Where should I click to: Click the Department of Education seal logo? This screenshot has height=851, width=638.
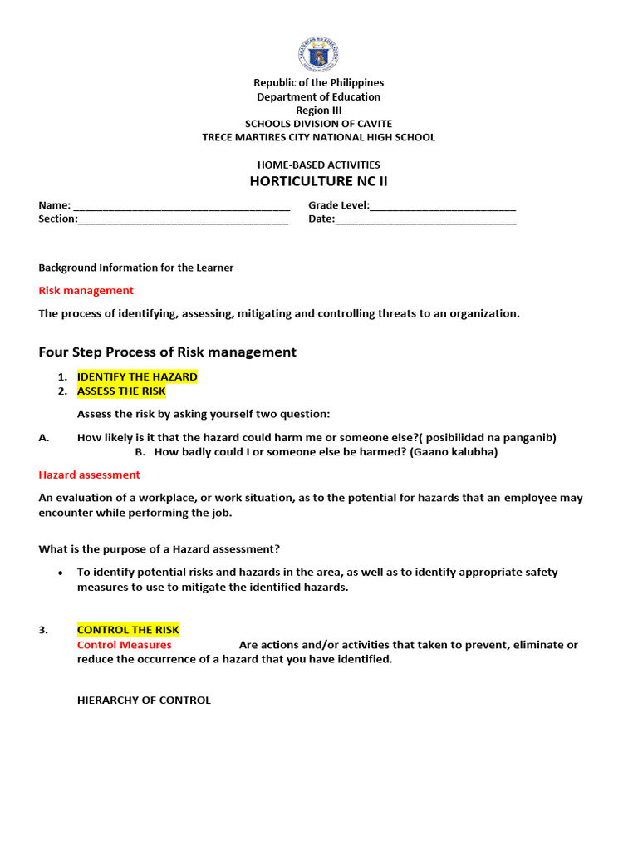click(x=318, y=54)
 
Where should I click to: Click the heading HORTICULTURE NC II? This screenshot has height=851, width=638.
click(x=318, y=181)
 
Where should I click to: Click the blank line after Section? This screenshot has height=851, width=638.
click(x=183, y=220)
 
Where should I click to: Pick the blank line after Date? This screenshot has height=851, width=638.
click(x=425, y=220)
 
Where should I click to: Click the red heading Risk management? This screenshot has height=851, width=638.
click(x=86, y=290)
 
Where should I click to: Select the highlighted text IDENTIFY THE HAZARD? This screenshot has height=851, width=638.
click(x=137, y=376)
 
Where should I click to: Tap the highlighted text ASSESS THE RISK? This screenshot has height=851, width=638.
click(x=121, y=391)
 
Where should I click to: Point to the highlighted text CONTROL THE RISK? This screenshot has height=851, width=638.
click(x=128, y=630)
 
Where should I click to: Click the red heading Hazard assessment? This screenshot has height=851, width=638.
click(x=89, y=475)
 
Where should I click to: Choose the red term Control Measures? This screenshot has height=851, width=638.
click(x=124, y=645)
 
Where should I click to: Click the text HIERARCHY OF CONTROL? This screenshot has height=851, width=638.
click(x=144, y=700)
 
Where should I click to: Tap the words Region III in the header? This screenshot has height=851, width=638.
click(x=318, y=111)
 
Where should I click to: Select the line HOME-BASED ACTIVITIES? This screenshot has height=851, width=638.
click(x=318, y=165)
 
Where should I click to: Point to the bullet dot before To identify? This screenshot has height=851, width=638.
click(x=61, y=573)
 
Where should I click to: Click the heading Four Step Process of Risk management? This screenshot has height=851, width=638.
click(x=167, y=352)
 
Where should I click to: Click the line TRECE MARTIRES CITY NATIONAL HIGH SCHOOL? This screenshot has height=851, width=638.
click(x=318, y=137)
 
